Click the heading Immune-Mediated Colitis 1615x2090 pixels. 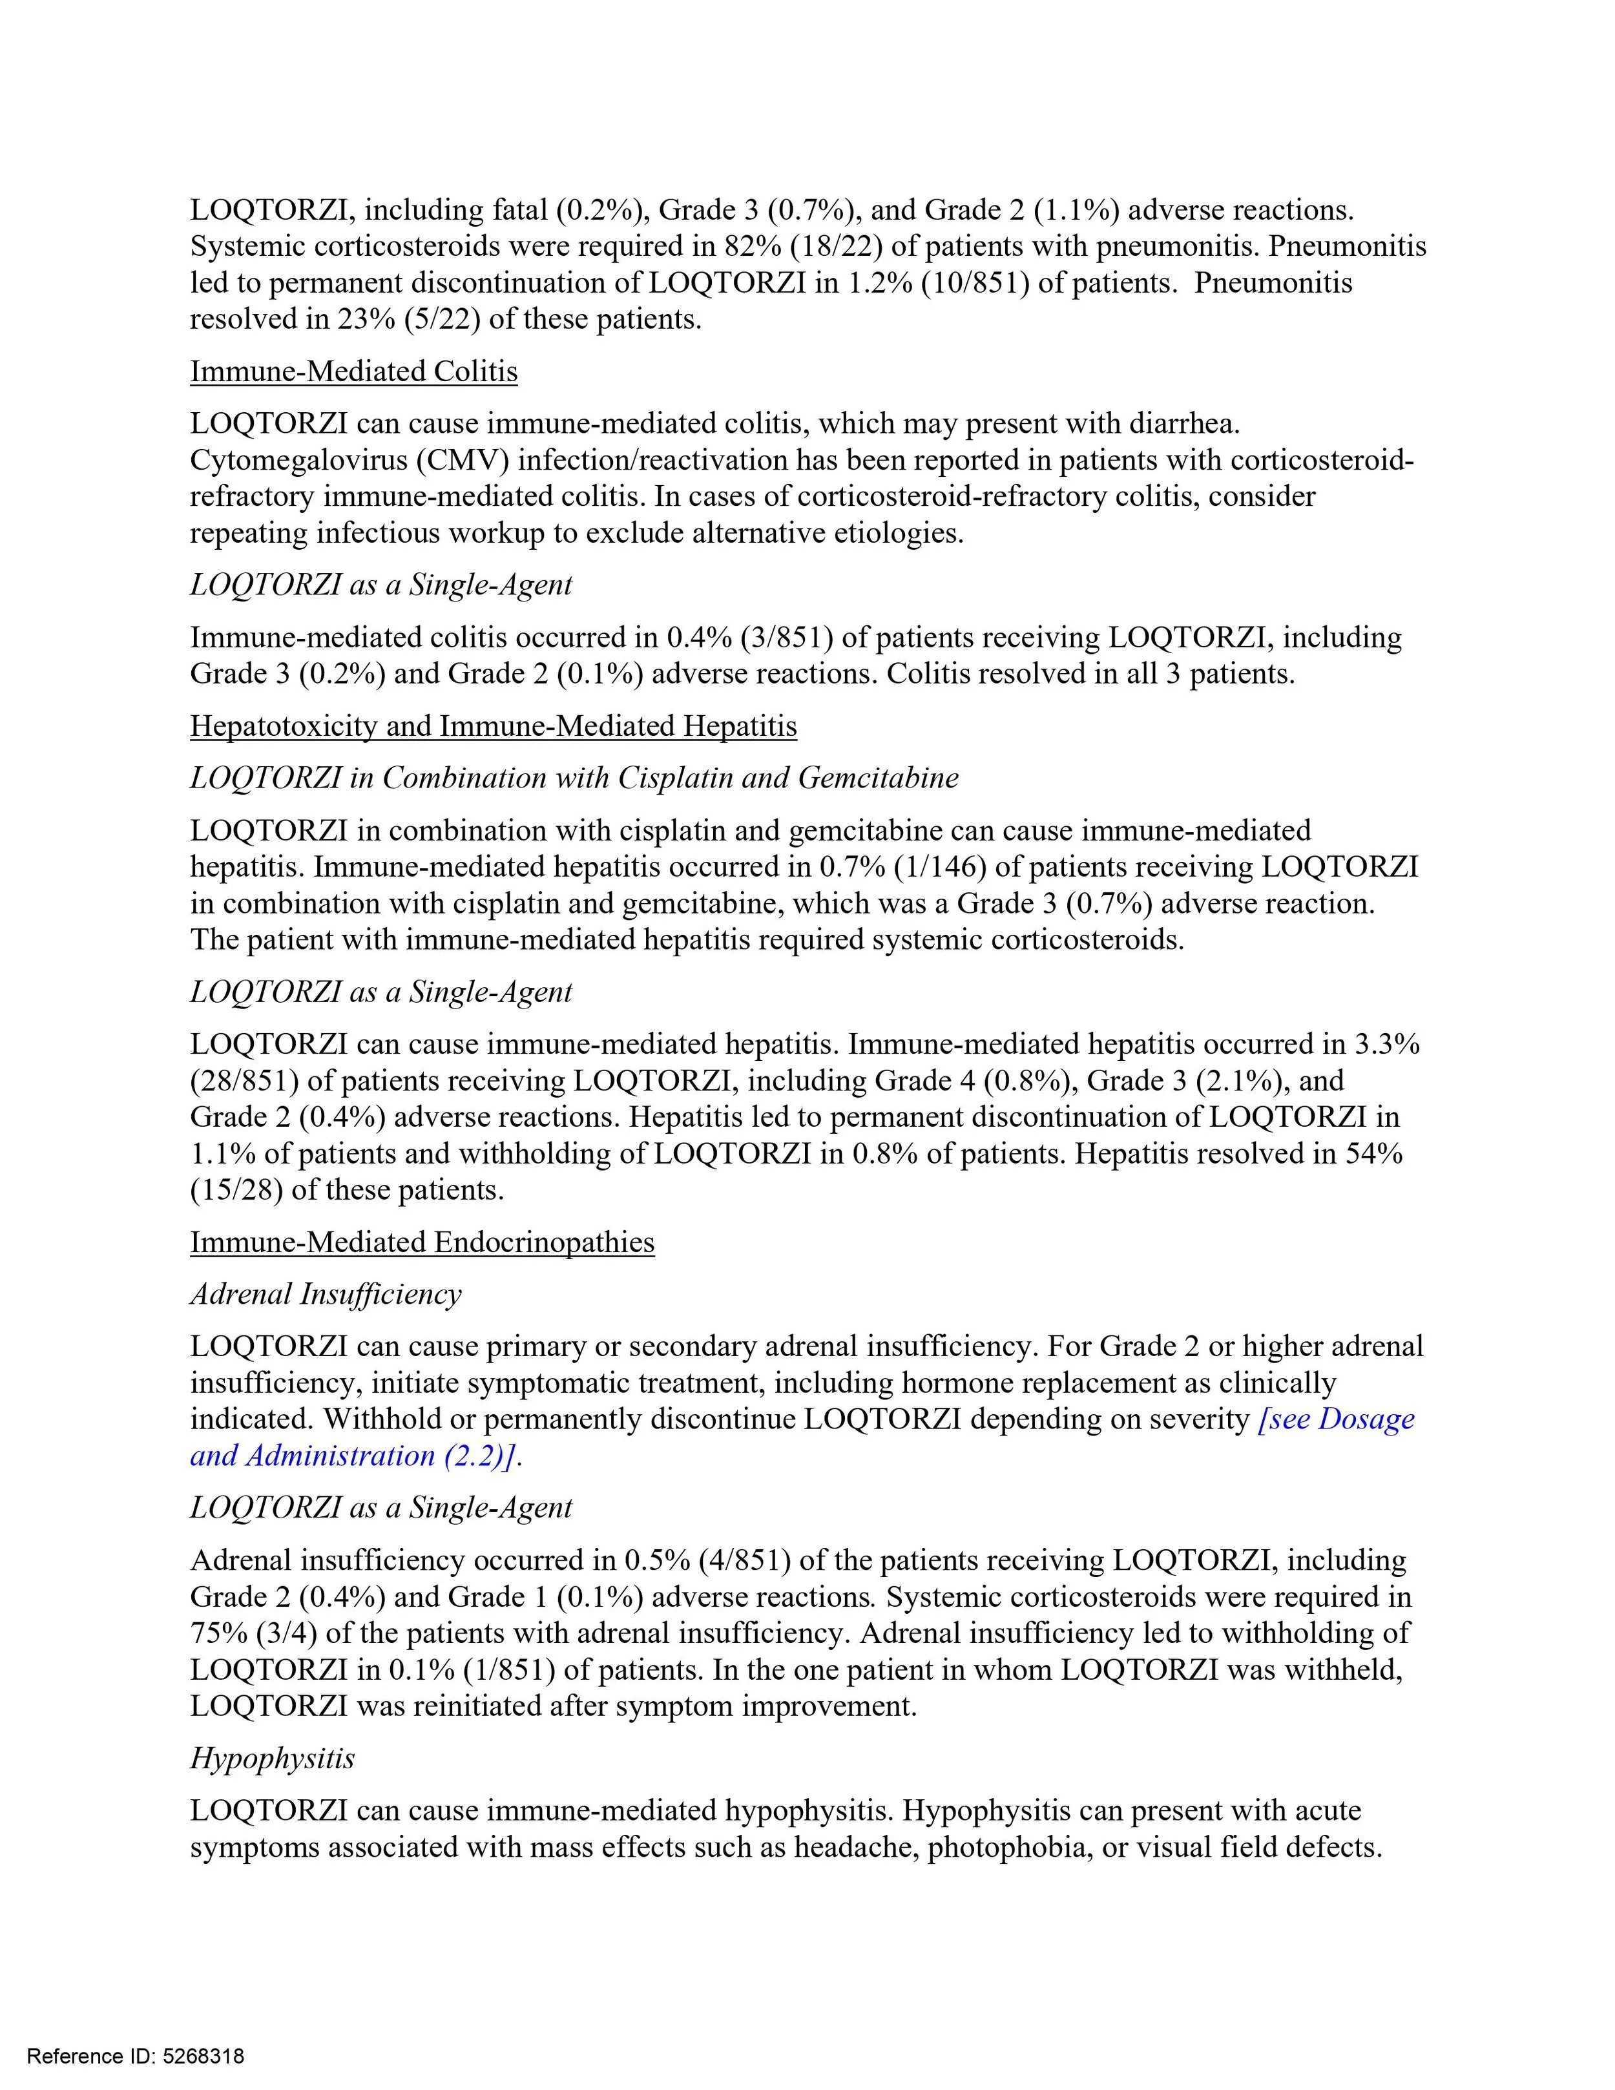(x=353, y=371)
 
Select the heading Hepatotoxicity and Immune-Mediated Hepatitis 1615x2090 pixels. (x=493, y=726)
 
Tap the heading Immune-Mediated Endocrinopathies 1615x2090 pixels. (x=422, y=1242)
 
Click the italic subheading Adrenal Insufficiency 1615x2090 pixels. (x=326, y=1294)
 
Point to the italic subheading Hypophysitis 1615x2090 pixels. (x=272, y=1758)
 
